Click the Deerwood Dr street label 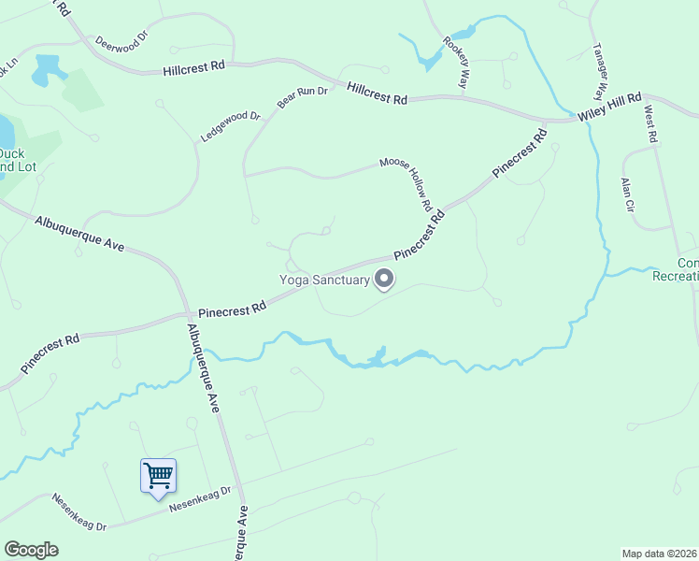coord(121,43)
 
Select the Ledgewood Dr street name coord(230,127)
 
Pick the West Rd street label coord(650,124)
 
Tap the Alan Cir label coord(627,193)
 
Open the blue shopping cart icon coord(158,475)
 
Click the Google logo coord(31,550)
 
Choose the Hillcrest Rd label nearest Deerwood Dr coord(193,66)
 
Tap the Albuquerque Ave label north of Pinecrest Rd coord(79,233)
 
